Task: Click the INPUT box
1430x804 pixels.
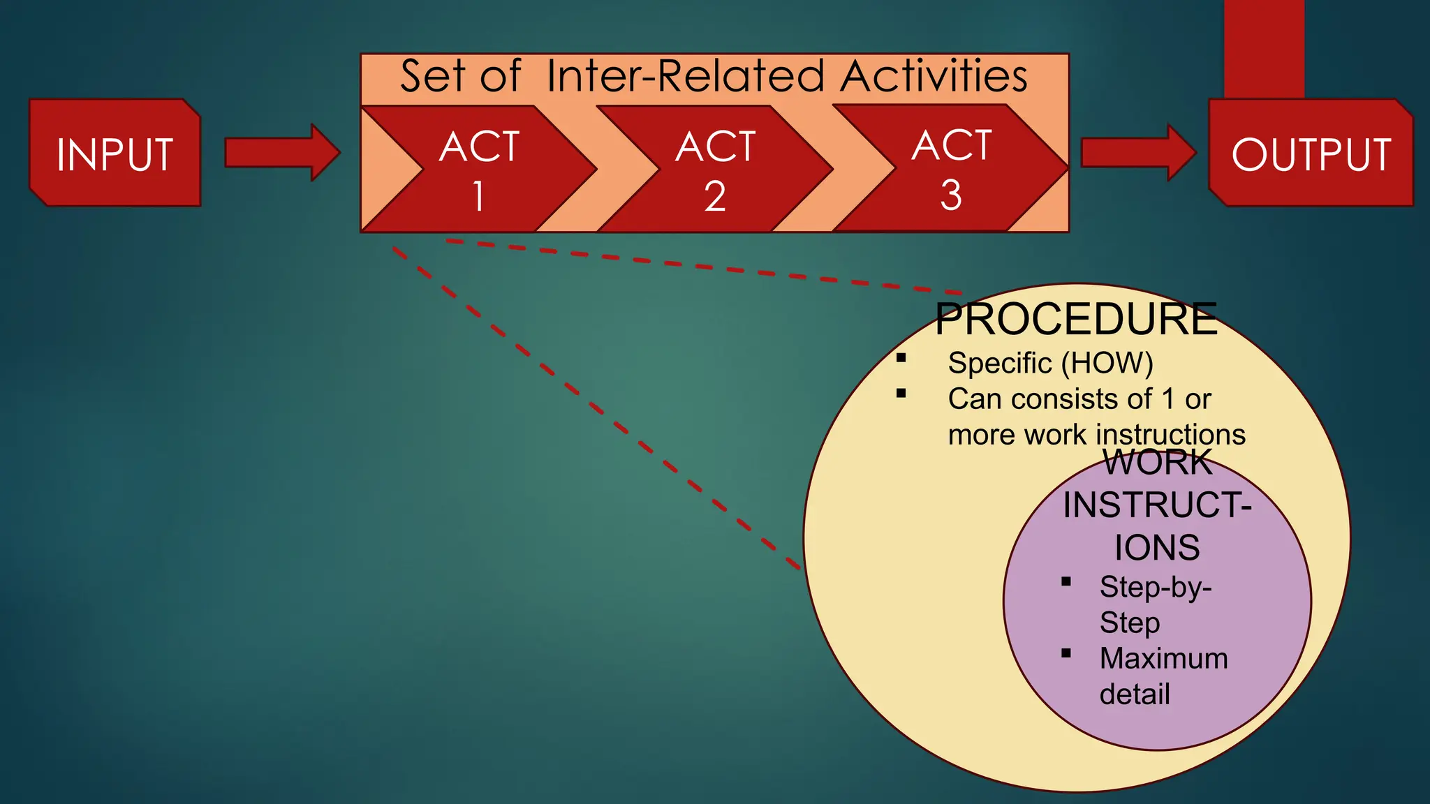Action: tap(115, 154)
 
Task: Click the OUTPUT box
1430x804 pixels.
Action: tap(1311, 154)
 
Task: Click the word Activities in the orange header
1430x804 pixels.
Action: tap(934, 76)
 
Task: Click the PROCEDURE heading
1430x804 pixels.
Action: tap(1076, 319)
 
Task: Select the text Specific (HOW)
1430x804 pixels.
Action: tap(1050, 363)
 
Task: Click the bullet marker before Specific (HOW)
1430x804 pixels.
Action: tap(901, 358)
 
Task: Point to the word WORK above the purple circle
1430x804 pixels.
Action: tap(1157, 462)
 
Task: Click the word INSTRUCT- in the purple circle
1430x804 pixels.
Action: tap(1157, 505)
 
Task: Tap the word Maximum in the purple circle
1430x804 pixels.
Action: tap(1163, 659)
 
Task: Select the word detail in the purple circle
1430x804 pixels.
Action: tap(1135, 694)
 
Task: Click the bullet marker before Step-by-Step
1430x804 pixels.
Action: tap(1066, 581)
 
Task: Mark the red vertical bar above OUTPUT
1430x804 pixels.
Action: tap(1264, 49)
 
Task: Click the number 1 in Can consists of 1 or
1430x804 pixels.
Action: tap(1168, 399)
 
